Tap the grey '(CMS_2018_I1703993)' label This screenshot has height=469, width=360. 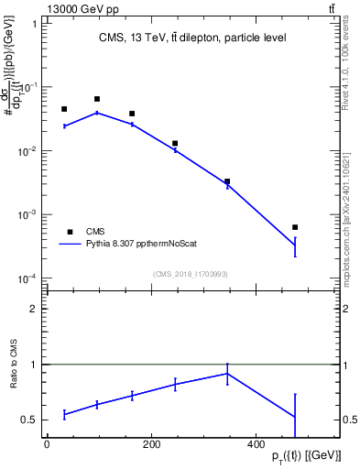click(191, 273)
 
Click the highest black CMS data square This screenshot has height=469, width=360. click(97, 99)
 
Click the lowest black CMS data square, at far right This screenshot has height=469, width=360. click(295, 227)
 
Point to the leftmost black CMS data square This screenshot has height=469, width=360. click(64, 109)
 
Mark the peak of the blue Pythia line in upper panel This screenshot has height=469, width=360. click(97, 113)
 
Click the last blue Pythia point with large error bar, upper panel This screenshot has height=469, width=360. click(295, 245)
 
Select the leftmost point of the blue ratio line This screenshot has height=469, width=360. click(64, 414)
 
